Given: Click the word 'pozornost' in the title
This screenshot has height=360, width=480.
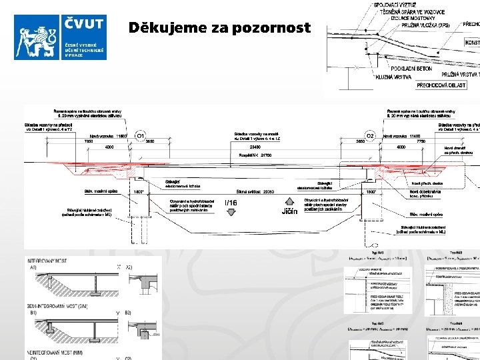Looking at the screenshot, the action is [x=273, y=28].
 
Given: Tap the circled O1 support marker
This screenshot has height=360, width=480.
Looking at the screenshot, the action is [x=141, y=135].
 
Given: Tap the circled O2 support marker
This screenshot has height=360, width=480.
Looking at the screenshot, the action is [x=370, y=135].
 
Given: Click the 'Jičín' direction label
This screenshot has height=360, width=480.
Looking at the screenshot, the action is [x=289, y=212].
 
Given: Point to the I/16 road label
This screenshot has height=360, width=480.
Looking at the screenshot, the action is [x=231, y=203].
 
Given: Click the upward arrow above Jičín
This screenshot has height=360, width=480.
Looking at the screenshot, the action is [x=289, y=200].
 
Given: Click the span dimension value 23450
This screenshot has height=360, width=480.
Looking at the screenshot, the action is [x=255, y=146].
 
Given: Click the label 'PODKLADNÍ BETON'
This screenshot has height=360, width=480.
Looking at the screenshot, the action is [x=411, y=69].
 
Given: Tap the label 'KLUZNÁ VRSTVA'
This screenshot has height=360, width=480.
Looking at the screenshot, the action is [x=393, y=77].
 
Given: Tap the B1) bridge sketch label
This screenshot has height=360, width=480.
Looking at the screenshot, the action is [x=33, y=312].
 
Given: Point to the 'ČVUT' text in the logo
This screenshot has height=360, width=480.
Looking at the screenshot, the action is [x=84, y=25].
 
